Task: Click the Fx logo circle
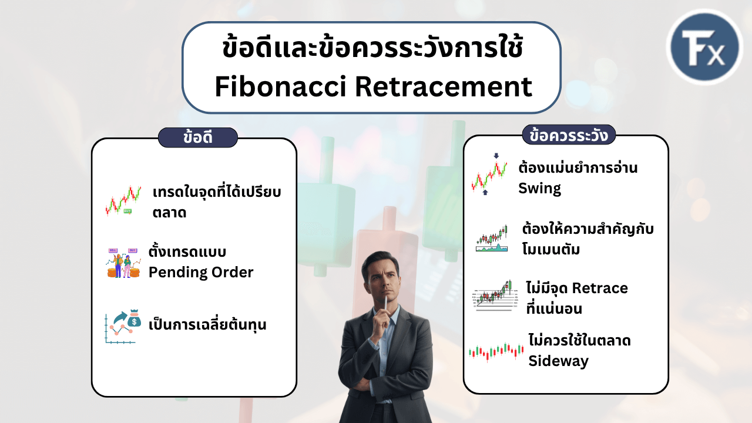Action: click(704, 47)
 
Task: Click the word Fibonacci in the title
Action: click(280, 86)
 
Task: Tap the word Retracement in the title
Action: click(444, 86)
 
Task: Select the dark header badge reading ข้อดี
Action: click(198, 137)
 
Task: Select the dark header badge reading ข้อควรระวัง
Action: click(569, 135)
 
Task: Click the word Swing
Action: click(539, 189)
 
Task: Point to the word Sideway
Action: click(558, 361)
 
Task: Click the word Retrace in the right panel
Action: click(600, 288)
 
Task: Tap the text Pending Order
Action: click(201, 272)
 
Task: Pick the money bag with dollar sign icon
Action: click(135, 318)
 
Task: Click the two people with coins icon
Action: click(123, 263)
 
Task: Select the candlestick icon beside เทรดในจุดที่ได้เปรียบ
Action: click(123, 200)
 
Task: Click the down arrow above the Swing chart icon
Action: click(496, 156)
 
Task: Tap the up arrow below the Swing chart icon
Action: click(485, 192)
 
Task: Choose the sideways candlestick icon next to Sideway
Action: click(496, 352)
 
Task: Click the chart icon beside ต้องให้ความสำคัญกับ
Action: click(492, 239)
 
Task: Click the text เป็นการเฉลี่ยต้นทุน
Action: click(207, 325)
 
